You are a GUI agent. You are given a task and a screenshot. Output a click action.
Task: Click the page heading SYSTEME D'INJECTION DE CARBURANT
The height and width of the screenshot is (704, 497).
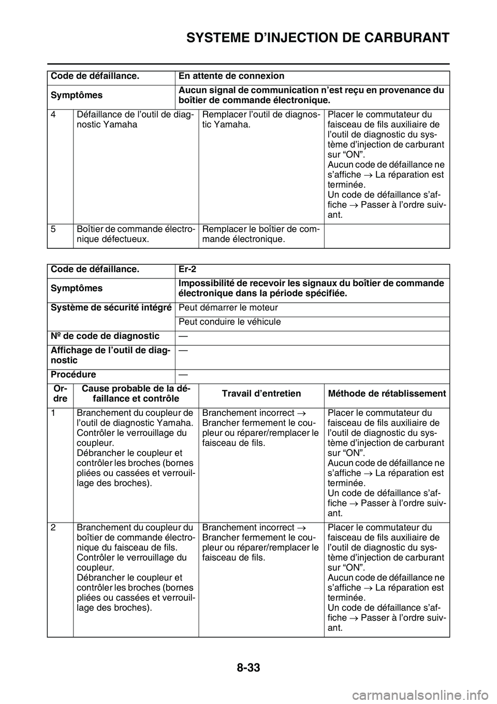click(x=317, y=37)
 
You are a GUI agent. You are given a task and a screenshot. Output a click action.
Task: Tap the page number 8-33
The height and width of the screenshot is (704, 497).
click(x=248, y=667)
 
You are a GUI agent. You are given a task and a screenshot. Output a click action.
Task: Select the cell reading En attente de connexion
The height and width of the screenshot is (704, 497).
click(x=231, y=76)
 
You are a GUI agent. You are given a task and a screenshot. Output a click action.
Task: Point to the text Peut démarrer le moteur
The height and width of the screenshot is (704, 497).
click(x=228, y=307)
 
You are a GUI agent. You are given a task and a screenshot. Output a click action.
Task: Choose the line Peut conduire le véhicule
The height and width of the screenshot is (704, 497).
click(x=230, y=321)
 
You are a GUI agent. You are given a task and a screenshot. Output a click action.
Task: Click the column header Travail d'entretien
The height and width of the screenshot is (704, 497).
click(x=261, y=393)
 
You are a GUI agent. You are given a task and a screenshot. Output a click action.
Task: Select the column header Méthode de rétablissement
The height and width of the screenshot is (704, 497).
click(x=387, y=393)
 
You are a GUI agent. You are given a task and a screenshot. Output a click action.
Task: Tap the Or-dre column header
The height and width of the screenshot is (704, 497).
click(x=60, y=394)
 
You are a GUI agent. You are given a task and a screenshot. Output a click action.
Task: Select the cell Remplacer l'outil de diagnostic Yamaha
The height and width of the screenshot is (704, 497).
click(x=260, y=120)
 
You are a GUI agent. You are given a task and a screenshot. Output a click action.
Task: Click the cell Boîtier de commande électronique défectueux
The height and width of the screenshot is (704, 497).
click(x=136, y=234)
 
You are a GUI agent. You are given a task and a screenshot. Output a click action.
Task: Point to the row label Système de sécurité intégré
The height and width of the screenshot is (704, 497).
click(x=111, y=307)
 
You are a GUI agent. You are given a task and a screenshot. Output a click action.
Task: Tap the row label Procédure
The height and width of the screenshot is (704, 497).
click(x=73, y=374)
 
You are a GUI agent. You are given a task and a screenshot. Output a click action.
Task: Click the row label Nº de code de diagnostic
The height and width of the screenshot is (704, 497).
click(x=105, y=336)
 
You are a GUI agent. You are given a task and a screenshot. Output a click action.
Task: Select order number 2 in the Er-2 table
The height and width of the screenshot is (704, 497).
click(x=54, y=528)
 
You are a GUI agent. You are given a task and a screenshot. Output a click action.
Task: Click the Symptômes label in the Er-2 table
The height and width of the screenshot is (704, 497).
click(x=76, y=288)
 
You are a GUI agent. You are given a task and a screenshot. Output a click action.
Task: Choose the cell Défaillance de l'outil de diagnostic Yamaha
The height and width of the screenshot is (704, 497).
click(x=135, y=120)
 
